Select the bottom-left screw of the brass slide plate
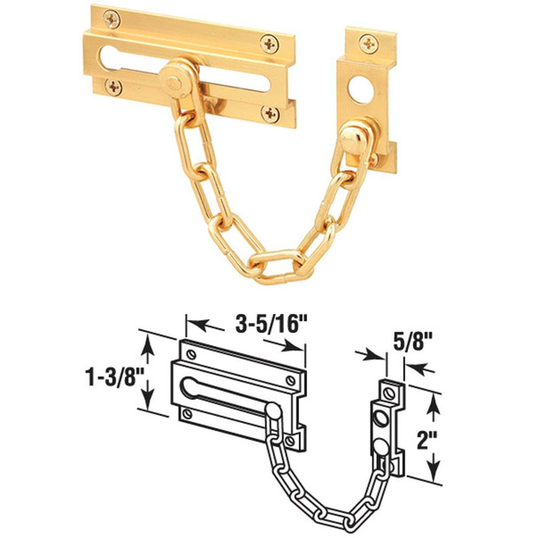point(113,86)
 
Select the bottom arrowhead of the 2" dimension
point(433,479)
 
